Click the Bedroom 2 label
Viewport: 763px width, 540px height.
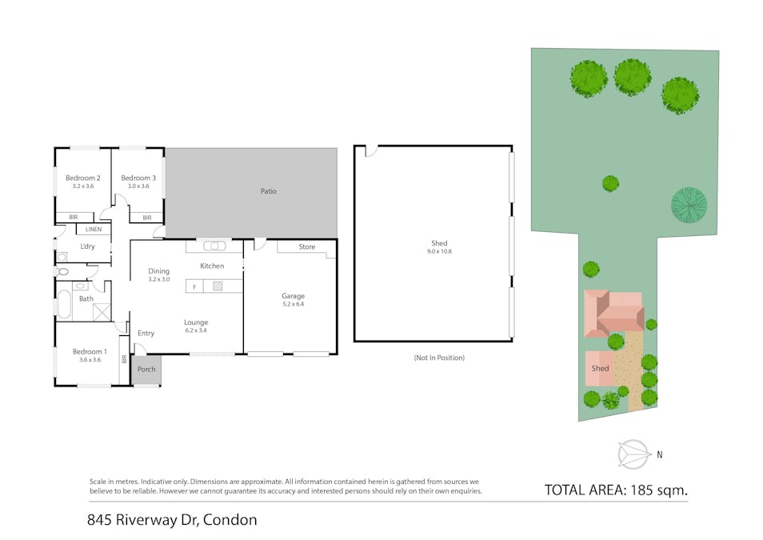(x=82, y=178)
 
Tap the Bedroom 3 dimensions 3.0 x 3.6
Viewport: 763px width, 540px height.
(x=138, y=186)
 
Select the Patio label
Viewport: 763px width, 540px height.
(x=268, y=191)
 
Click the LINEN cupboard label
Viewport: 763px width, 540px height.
(x=94, y=230)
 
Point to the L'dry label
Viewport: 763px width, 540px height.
(x=86, y=246)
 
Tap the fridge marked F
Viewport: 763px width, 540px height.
(x=194, y=286)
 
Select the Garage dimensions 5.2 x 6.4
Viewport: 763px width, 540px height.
(x=293, y=304)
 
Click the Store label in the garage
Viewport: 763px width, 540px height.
(x=307, y=247)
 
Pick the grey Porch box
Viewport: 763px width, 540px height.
(x=146, y=370)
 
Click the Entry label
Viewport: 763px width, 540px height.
(x=146, y=333)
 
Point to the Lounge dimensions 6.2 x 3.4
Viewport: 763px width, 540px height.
(x=196, y=330)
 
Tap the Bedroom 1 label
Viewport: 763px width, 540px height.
(x=89, y=351)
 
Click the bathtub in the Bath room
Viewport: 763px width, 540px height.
(x=64, y=304)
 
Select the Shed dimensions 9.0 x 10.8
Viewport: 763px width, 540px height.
(x=439, y=251)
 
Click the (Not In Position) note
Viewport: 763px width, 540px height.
(x=439, y=358)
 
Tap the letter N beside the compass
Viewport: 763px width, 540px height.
(x=660, y=455)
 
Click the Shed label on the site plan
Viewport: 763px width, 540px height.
(x=600, y=369)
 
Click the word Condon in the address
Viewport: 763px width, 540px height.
(x=230, y=520)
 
